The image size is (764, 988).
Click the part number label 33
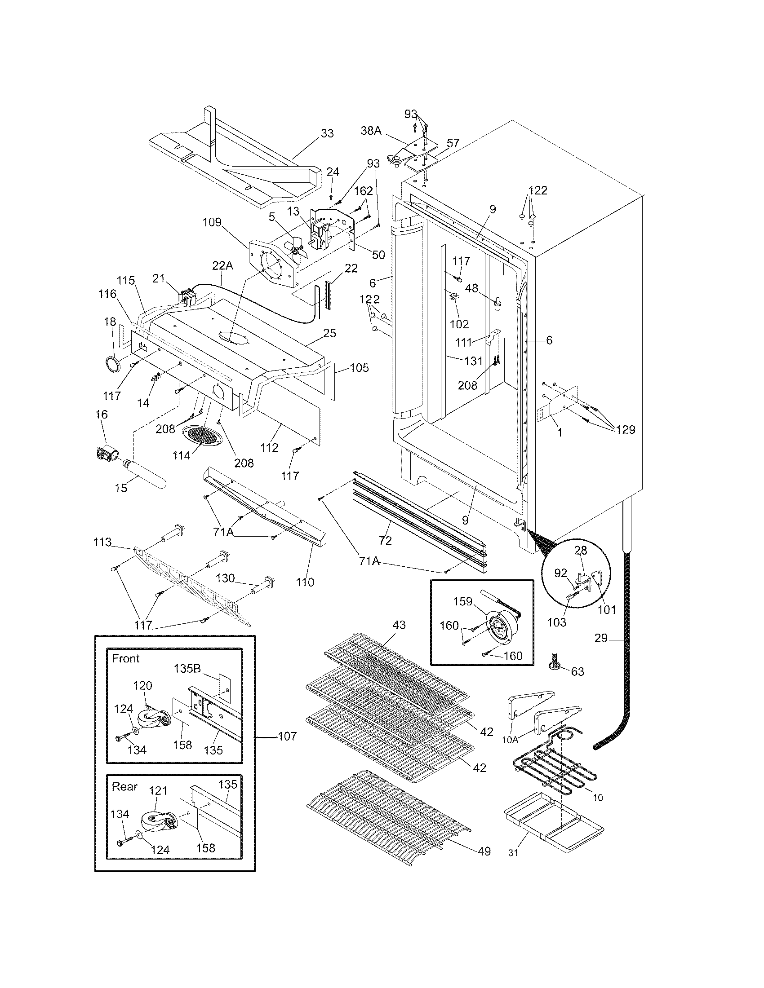tap(327, 133)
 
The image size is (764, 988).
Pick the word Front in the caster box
tap(126, 658)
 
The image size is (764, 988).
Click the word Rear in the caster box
tap(124, 786)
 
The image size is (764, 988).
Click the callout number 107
tap(287, 736)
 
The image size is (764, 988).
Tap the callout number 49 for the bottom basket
tap(484, 851)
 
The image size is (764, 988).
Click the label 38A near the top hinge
tap(371, 131)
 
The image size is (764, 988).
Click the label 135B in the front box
tap(187, 669)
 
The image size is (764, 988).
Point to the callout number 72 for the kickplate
tap(386, 540)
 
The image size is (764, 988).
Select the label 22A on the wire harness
tap(222, 266)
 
